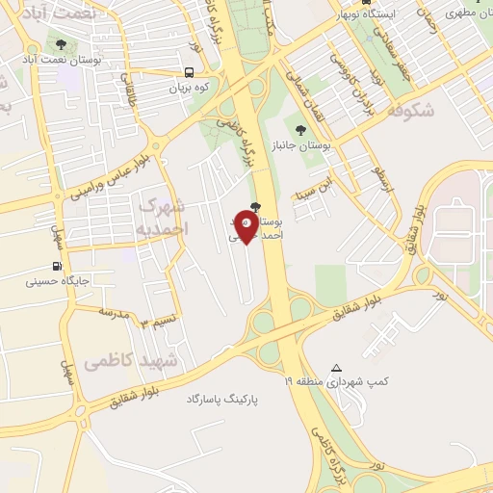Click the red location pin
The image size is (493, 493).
point(247,227)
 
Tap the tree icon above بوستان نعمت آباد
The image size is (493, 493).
point(63,44)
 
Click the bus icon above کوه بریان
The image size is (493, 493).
point(189,72)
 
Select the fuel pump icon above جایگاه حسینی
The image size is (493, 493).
point(57,267)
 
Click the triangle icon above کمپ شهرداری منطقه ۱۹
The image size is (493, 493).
point(336,368)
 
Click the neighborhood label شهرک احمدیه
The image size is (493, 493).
point(161,217)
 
